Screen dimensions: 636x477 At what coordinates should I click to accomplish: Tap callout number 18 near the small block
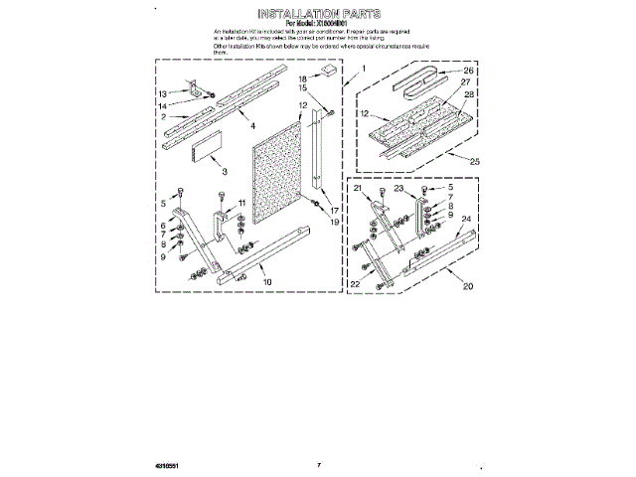(x=302, y=77)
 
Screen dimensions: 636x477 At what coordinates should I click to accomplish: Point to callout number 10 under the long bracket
(x=266, y=282)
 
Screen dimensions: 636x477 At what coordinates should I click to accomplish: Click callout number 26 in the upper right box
(x=469, y=71)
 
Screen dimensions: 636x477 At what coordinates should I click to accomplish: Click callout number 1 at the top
(x=364, y=69)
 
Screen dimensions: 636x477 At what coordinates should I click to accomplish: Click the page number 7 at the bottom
(x=319, y=463)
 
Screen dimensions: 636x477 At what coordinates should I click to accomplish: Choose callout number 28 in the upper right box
(x=469, y=93)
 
